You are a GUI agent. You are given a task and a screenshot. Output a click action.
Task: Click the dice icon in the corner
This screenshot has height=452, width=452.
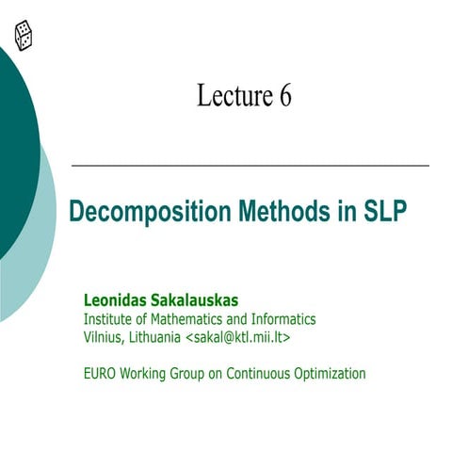[24, 36]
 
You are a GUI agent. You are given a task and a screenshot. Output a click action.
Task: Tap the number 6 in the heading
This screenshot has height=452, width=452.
[284, 95]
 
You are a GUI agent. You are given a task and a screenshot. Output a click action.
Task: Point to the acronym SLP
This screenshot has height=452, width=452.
[385, 210]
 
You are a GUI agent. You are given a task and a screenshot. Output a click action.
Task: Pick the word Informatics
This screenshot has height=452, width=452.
[282, 319]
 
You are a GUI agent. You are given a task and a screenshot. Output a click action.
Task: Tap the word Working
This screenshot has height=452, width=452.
[147, 374]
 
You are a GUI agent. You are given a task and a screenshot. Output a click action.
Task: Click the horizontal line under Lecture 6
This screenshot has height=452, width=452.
[250, 166]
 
